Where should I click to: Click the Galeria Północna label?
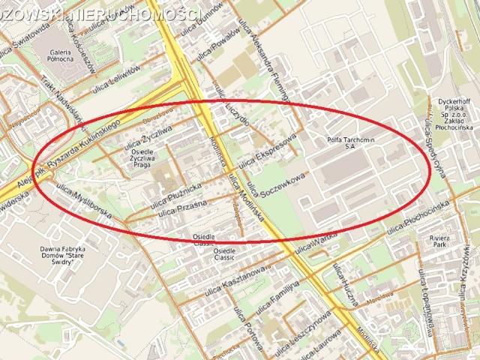coord(61,55)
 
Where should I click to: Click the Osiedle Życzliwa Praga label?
coord(142,157)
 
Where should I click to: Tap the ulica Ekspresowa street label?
coord(267,151)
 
